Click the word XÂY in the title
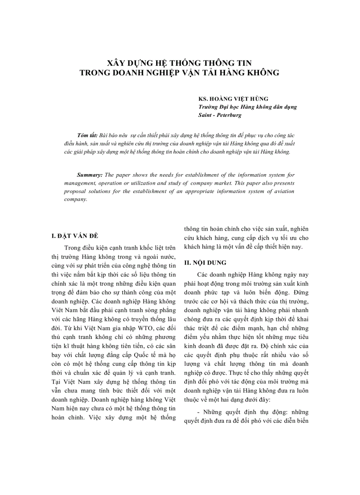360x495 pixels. tap(116, 63)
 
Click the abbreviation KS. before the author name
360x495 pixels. tap(204, 99)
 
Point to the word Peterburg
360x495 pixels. tap(228, 115)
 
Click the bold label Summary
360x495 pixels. tap(90, 175)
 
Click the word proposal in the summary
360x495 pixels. tap(76, 191)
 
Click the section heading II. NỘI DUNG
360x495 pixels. tap(206, 263)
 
